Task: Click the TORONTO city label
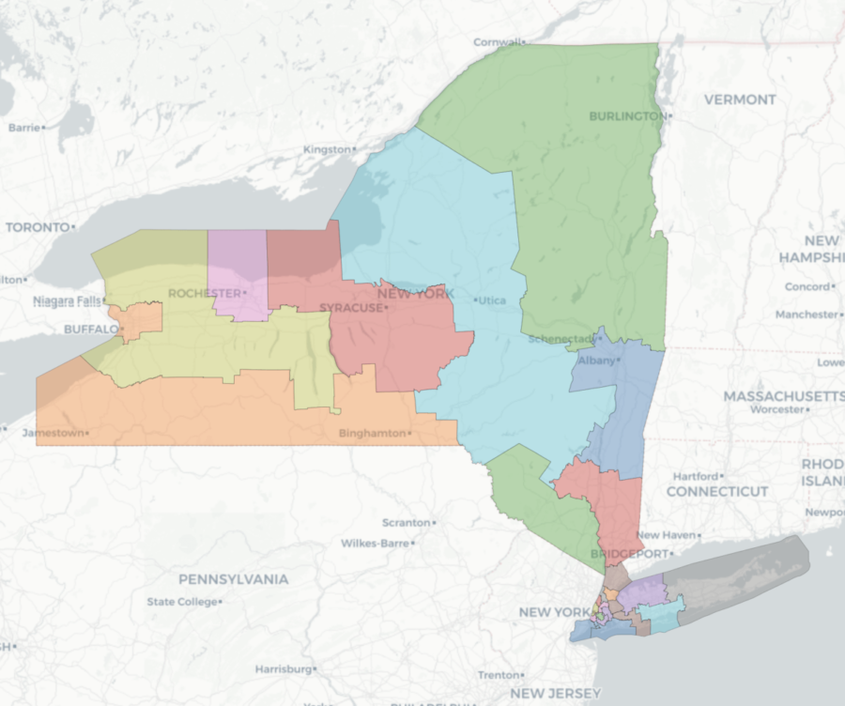point(38,227)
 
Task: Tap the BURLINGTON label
point(625,116)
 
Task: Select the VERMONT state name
point(740,100)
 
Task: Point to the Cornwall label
point(498,42)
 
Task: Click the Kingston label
point(326,150)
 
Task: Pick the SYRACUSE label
point(351,308)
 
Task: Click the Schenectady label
point(561,339)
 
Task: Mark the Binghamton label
point(372,434)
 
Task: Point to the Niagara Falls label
point(66,301)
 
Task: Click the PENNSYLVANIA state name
point(234,579)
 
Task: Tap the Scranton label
point(406,523)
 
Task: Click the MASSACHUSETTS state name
point(783,397)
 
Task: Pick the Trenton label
point(498,675)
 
